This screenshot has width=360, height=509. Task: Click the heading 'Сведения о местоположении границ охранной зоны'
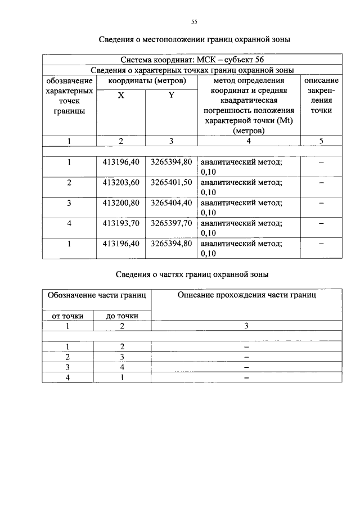tap(194, 39)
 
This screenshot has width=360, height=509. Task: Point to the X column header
tap(121, 96)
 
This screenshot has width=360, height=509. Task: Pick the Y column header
tap(171, 96)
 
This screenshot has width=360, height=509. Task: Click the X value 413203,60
tap(121, 182)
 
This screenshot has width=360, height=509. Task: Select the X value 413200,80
tap(121, 202)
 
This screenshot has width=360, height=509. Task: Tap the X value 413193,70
tap(121, 223)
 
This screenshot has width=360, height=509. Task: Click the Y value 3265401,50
tap(171, 182)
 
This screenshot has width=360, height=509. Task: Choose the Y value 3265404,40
tap(171, 202)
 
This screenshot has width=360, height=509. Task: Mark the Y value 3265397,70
tap(171, 223)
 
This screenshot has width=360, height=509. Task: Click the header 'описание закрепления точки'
tap(321, 96)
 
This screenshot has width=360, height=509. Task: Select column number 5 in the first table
tap(321, 141)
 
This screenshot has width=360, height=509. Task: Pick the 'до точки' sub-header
tap(122, 316)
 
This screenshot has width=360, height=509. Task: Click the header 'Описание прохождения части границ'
tap(246, 294)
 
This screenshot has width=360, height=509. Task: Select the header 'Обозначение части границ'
tap(97, 294)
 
